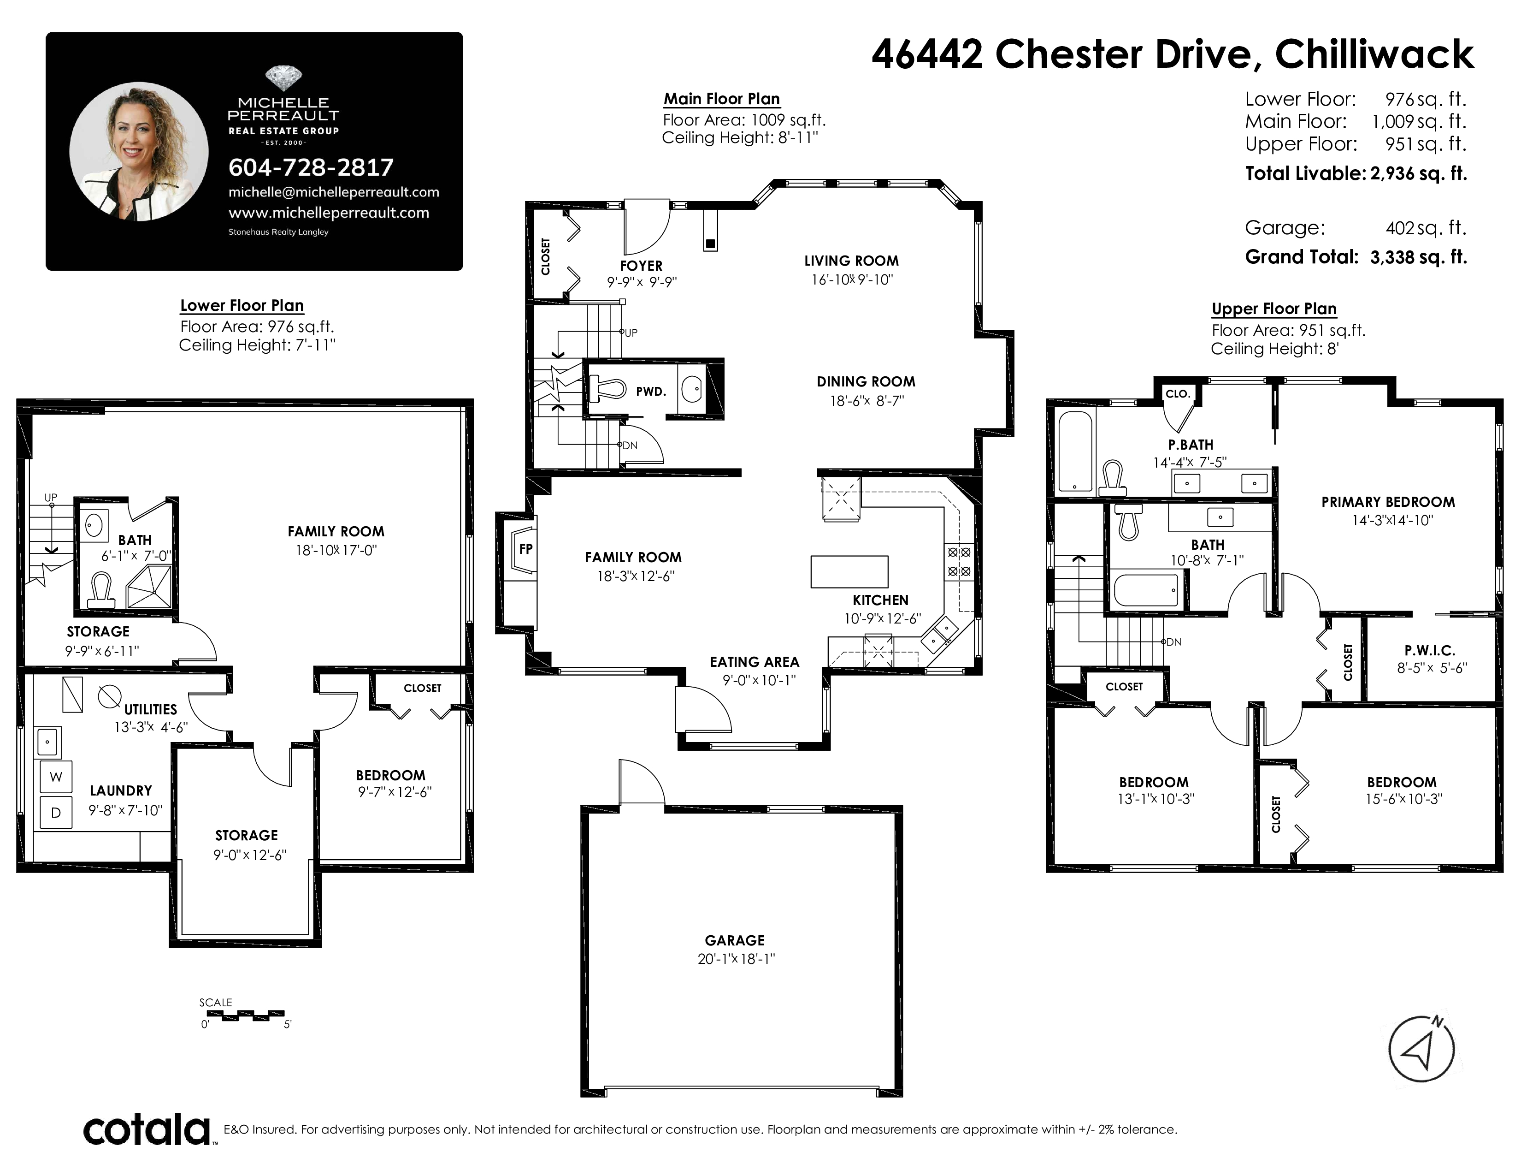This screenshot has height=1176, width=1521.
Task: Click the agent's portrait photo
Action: tap(139, 151)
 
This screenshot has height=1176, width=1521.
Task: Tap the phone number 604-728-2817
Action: tap(311, 167)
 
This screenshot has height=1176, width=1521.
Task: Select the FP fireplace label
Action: tap(526, 549)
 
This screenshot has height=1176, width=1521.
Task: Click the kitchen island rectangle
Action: tap(849, 572)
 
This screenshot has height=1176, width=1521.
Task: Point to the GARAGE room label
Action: tap(735, 940)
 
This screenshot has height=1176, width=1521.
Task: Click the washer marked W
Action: tap(56, 777)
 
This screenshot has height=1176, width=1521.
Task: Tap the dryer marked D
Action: tap(56, 812)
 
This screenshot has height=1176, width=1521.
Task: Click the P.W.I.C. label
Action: tap(1430, 651)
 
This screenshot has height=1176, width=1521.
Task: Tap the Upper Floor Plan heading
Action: tap(1274, 309)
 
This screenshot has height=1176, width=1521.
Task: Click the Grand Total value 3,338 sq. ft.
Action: tap(1418, 257)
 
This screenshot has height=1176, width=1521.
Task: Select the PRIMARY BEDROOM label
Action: tap(1388, 502)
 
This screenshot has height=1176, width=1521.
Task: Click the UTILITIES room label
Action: tap(150, 709)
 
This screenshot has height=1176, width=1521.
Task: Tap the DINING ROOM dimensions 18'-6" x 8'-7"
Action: tap(867, 401)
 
